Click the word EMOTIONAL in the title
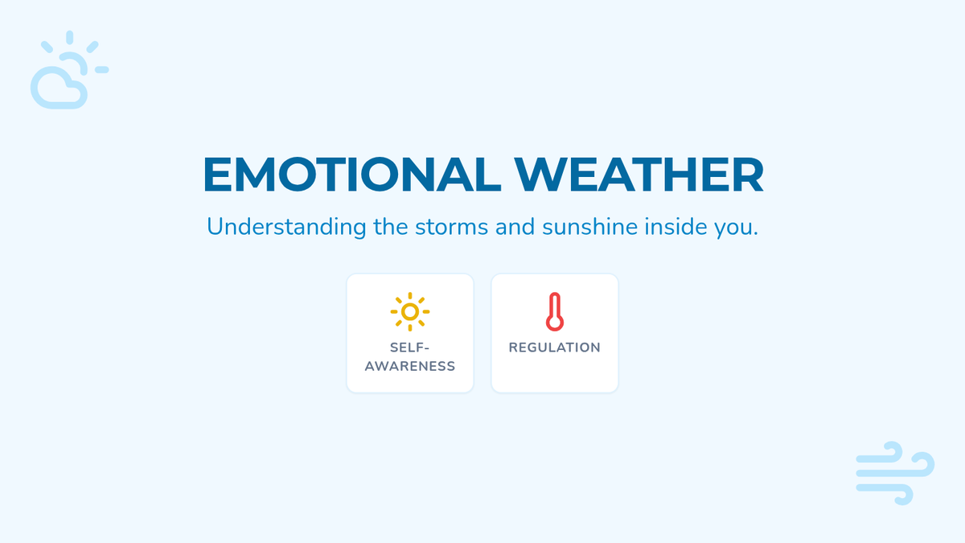tap(351, 174)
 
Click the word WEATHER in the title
tap(639, 174)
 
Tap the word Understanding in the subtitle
tap(286, 227)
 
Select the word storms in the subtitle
tap(451, 227)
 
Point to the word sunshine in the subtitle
tap(589, 227)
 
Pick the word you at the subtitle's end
tap(733, 229)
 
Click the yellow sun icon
tap(410, 311)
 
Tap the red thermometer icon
tap(555, 311)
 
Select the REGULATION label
tap(555, 348)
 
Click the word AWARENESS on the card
tap(410, 366)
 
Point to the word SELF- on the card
tap(409, 348)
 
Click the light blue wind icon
tap(895, 473)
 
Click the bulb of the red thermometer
tap(555, 323)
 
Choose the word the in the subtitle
tap(391, 227)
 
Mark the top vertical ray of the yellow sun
tap(410, 296)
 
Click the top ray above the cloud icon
tap(70, 37)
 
